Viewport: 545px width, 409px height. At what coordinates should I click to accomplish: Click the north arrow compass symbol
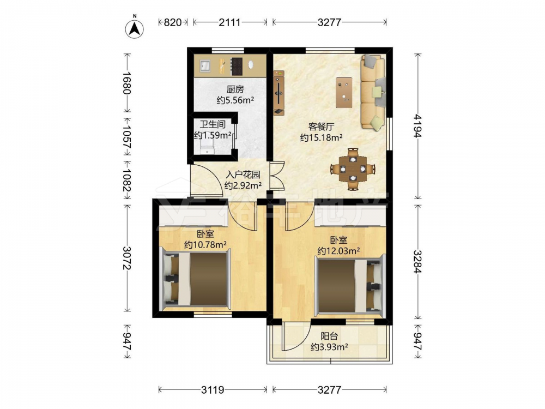point(135,27)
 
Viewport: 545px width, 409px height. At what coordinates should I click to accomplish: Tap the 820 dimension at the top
point(173,22)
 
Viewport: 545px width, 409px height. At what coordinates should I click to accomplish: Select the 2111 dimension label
point(229,22)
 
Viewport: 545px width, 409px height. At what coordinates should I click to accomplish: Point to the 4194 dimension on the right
point(418,127)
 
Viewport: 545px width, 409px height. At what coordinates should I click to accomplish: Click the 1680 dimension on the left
point(126,83)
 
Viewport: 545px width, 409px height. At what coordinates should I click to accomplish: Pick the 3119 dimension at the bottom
point(213,390)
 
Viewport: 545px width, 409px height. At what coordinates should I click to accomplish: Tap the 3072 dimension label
point(126,258)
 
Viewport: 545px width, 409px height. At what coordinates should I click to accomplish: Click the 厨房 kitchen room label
point(235,89)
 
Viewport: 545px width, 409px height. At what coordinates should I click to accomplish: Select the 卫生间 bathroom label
point(213,124)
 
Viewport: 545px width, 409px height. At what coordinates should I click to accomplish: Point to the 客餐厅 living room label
point(321,127)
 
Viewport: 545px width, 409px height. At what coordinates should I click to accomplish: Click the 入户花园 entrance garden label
point(243,175)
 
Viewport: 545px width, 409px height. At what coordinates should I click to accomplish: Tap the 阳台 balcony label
point(329,336)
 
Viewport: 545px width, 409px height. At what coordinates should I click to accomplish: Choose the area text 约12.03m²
point(338,251)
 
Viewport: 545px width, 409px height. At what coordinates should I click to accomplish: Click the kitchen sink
point(205,65)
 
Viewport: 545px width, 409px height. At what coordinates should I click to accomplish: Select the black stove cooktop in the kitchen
point(237,66)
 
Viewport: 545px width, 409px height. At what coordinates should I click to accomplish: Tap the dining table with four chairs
point(353,169)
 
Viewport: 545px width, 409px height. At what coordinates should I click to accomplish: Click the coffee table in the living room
point(344,93)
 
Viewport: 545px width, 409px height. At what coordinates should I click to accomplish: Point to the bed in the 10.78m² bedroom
point(195,279)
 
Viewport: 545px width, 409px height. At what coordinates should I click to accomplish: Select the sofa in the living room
point(373,92)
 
